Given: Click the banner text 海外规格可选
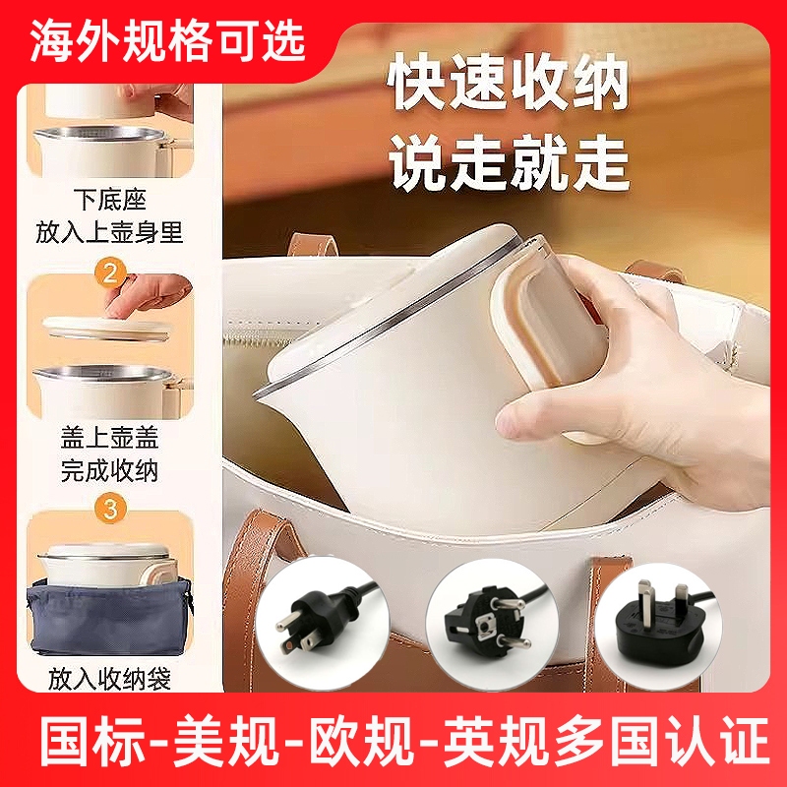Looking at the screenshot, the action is click(167, 42).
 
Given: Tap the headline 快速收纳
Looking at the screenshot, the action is click(508, 83).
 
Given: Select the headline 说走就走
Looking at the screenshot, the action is click(508, 163).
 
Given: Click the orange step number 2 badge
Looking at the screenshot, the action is click(110, 273).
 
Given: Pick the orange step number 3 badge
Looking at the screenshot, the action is click(110, 509).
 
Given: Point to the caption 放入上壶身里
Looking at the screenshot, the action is click(109, 232).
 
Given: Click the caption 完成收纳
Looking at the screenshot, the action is click(109, 470).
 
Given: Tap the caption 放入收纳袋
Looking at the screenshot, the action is click(109, 679).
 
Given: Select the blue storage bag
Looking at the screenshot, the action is click(109, 617).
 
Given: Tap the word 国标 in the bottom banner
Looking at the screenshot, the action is click(92, 741).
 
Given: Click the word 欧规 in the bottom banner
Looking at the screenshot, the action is click(361, 741).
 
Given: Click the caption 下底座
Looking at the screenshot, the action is click(109, 200).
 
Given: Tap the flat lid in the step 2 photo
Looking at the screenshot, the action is click(108, 329).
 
